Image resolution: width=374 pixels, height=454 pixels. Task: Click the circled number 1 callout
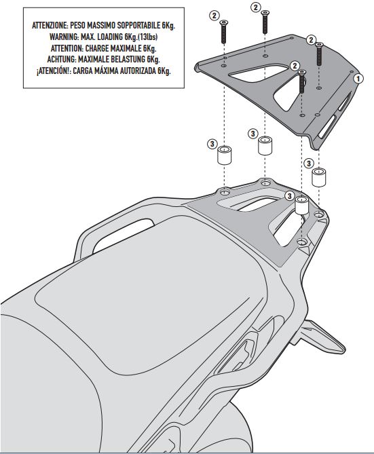358,79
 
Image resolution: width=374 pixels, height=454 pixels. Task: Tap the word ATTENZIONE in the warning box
50,26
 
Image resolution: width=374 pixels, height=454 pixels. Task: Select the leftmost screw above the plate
223,32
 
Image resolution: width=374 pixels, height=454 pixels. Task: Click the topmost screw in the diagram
265,22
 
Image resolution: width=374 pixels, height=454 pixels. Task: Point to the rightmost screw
319,54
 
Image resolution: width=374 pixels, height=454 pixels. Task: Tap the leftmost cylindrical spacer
224,155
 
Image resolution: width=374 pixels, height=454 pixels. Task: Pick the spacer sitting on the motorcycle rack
302,206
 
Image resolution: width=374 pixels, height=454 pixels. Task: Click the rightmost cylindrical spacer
318,177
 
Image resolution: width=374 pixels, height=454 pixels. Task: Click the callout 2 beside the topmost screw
255,7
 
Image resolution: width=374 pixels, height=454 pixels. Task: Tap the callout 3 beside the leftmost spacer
212,144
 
